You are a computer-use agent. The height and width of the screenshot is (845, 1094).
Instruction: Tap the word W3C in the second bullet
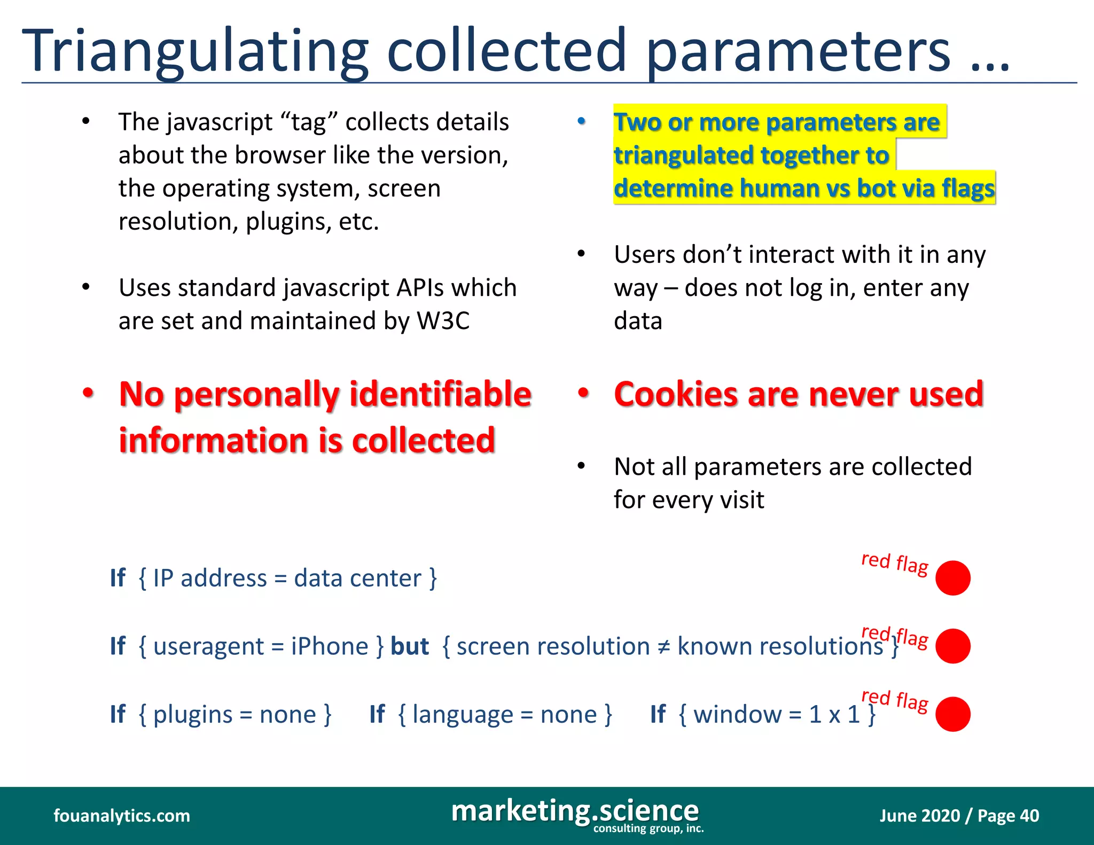coord(443,321)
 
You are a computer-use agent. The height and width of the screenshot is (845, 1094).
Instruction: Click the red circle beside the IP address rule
coord(952,578)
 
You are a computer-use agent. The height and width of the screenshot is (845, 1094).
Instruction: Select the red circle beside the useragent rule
coord(952,646)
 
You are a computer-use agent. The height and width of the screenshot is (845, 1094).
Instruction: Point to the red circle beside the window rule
coord(952,714)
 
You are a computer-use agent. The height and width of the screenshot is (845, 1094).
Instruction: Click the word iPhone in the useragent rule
coord(330,646)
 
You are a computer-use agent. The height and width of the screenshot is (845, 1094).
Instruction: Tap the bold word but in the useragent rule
coord(410,646)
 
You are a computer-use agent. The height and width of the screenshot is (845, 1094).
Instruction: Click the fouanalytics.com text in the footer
coord(122,816)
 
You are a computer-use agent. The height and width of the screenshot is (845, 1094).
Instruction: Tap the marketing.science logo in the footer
coord(575,812)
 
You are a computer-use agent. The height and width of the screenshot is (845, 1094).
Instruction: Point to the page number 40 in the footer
coord(1029,816)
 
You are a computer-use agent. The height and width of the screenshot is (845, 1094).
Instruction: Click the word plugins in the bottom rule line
coord(193,715)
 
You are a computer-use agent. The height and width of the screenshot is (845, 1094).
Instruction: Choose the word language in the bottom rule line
coord(463,715)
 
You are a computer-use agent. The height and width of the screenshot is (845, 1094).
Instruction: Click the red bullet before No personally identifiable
coord(88,393)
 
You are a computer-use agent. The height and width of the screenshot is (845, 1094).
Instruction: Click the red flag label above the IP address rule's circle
coord(895,563)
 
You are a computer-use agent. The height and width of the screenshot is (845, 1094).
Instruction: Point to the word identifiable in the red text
coord(440,394)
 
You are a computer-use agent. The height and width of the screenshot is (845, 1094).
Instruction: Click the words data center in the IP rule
coord(357,578)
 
